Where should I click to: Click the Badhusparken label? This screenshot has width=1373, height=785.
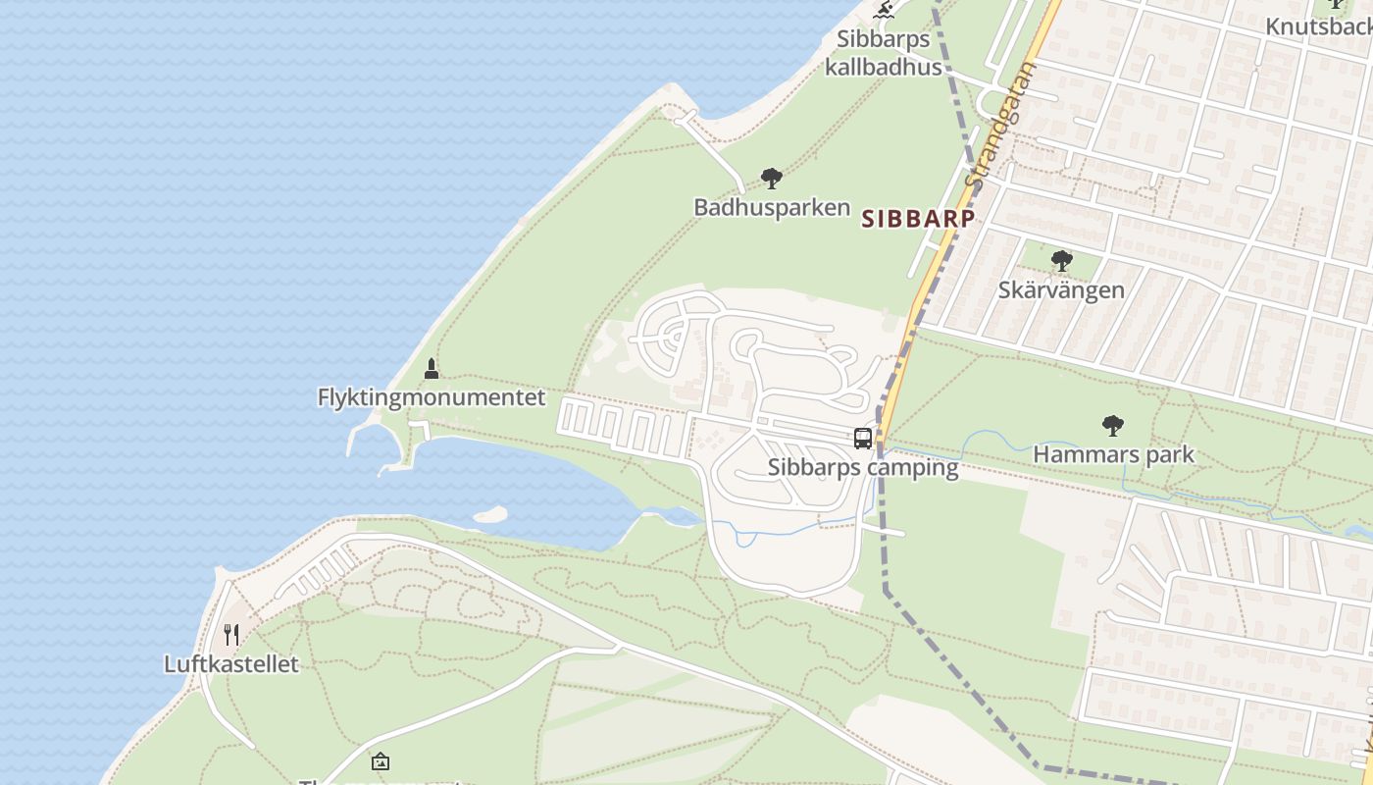tap(771, 207)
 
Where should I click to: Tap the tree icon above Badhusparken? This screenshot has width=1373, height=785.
tap(772, 179)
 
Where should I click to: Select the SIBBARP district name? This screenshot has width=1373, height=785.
tap(918, 219)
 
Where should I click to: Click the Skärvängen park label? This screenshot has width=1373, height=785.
tap(1061, 290)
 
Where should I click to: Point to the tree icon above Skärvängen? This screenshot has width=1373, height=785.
tap(1061, 261)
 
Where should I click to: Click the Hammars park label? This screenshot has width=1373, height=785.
tap(1113, 454)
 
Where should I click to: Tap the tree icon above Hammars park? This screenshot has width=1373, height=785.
tap(1112, 426)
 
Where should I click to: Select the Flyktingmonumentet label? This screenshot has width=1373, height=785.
tap(431, 397)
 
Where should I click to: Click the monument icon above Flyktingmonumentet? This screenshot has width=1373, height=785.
tap(431, 369)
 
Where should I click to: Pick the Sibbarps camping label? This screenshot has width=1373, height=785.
tap(863, 467)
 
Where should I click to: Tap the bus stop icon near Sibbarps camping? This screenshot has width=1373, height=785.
tap(863, 439)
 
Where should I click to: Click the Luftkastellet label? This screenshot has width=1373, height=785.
tap(230, 664)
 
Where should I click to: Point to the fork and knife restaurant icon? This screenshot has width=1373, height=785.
tap(231, 635)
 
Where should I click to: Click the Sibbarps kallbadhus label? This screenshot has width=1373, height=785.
tap(883, 53)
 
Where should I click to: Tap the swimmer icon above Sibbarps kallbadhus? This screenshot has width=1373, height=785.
tap(884, 10)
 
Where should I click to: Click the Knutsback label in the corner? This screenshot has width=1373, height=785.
tap(1318, 26)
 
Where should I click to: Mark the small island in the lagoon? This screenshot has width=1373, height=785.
tap(490, 514)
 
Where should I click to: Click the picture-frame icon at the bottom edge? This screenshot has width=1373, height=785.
tap(380, 761)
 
